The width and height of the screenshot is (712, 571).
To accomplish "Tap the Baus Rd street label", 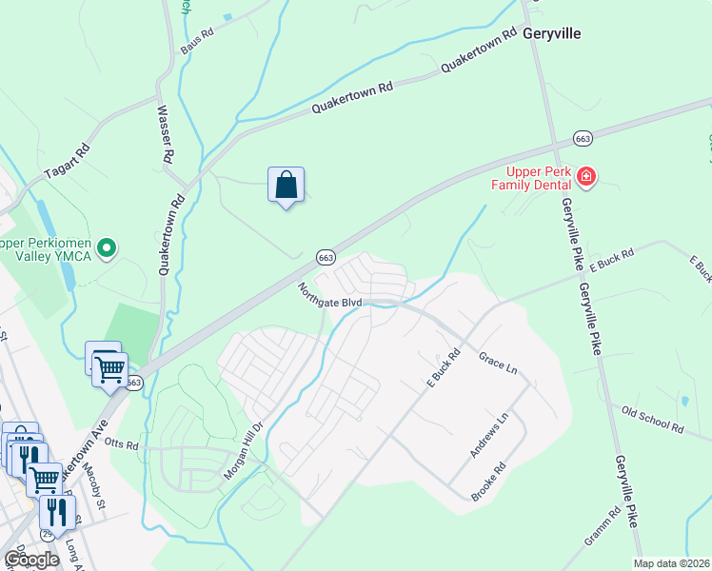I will [197, 40].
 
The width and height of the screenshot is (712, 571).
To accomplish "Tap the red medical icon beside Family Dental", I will [586, 176].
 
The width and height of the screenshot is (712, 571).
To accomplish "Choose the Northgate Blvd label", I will [329, 295].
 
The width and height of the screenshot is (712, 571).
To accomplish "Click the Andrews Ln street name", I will [489, 434].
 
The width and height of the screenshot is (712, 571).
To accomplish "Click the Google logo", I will [31, 559].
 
